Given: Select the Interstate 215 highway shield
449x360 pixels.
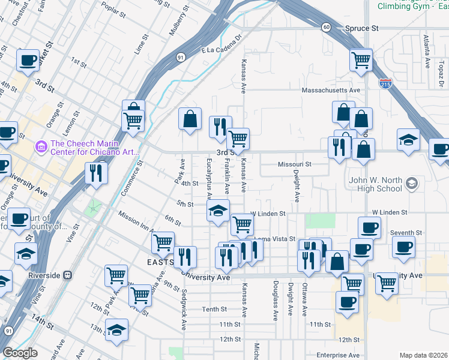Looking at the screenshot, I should [385, 83].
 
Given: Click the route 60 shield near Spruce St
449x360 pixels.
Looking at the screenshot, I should [325, 27].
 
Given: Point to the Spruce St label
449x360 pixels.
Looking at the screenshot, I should [362, 28].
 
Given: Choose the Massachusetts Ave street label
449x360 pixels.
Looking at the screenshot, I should [330, 90].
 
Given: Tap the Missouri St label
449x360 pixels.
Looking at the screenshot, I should [295, 164].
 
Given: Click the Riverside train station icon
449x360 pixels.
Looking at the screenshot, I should [67, 275].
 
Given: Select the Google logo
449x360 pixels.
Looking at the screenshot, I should [20, 352].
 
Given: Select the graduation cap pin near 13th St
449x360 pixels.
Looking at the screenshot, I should [116, 329].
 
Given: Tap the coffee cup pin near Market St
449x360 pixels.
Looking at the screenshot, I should [28, 60].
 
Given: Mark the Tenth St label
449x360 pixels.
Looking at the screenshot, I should [214, 310].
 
